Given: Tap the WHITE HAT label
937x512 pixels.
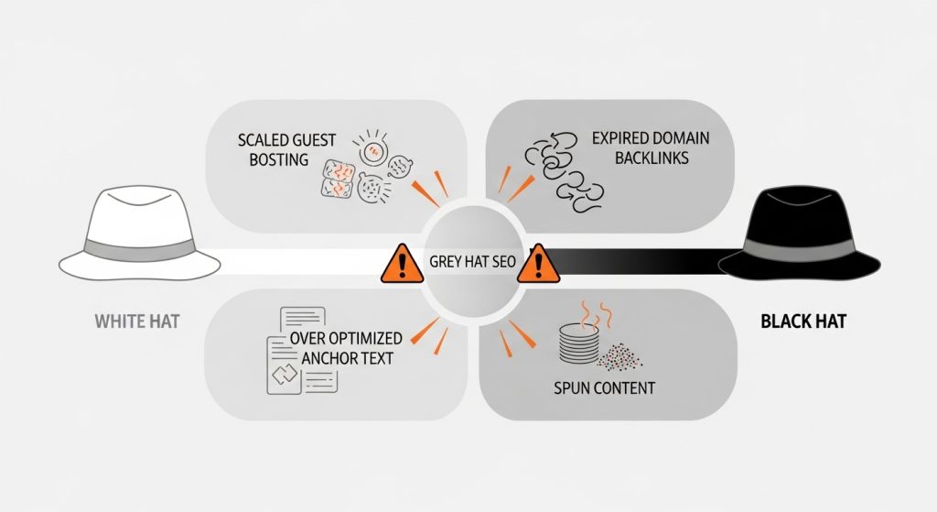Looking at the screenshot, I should pyautogui.click(x=137, y=322).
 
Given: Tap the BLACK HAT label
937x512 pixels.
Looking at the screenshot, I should pyautogui.click(x=802, y=322).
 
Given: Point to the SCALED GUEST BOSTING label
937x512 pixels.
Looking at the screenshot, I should pyautogui.click(x=286, y=149).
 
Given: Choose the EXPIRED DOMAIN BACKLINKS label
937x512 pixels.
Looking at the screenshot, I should pyautogui.click(x=650, y=148).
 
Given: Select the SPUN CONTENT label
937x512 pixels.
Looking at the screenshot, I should pyautogui.click(x=604, y=387).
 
